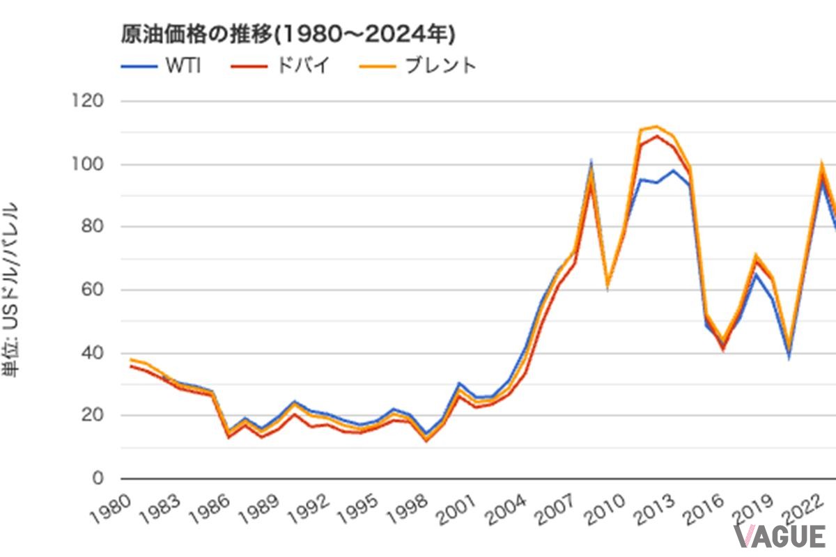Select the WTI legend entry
162,67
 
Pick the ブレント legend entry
418,67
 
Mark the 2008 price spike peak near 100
591,164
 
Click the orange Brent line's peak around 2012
656,126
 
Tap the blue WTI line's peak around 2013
673,170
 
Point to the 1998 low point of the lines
426,437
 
